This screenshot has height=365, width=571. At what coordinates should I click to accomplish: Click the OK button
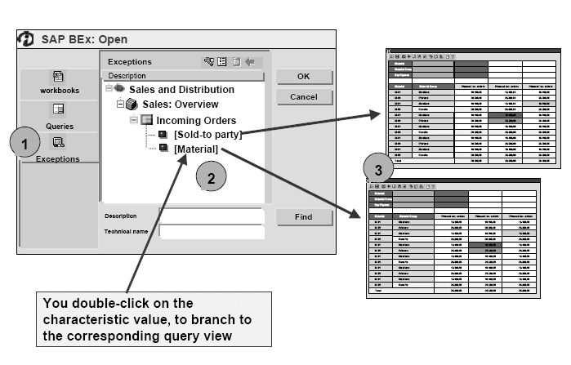(x=303, y=76)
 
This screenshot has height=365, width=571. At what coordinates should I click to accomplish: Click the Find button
(x=303, y=217)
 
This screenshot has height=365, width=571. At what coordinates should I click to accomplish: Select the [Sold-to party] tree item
(x=207, y=134)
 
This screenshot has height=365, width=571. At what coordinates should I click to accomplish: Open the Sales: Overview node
(x=181, y=104)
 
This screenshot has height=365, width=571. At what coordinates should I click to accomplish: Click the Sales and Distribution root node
(x=181, y=89)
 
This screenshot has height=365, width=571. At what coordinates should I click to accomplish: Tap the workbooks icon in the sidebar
(x=59, y=76)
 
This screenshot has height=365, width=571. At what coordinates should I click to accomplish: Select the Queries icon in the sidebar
(x=59, y=109)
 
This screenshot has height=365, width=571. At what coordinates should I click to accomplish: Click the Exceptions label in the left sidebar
(x=59, y=158)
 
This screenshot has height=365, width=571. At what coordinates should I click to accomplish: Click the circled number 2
(x=211, y=176)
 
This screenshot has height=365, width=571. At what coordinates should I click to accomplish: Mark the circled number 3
(x=377, y=171)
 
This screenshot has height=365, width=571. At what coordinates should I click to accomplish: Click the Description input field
(x=212, y=216)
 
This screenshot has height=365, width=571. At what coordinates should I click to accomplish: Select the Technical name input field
(x=212, y=232)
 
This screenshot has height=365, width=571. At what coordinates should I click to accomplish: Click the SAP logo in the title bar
(x=27, y=38)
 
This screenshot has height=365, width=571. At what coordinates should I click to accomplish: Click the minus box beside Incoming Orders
(x=134, y=119)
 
